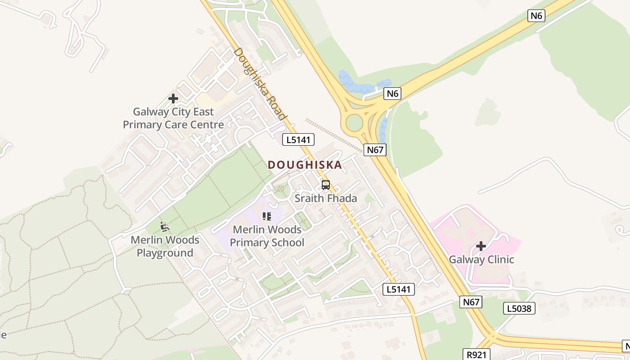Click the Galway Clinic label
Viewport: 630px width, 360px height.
(x=481, y=260)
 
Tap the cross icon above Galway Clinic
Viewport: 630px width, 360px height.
(x=481, y=246)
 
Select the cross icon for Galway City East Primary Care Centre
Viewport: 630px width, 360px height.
(x=173, y=99)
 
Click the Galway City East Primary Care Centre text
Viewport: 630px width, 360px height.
(x=173, y=118)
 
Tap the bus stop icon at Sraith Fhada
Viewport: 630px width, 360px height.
(x=326, y=185)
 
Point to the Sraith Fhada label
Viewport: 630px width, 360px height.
(x=326, y=198)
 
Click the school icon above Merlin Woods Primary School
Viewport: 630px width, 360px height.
(x=267, y=217)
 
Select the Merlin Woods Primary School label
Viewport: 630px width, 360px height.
(x=267, y=236)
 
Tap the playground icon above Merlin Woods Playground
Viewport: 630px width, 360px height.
(x=165, y=227)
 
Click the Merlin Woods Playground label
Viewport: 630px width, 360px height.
(x=165, y=246)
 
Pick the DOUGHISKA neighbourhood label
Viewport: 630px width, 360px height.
(x=305, y=165)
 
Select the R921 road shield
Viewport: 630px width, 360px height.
(x=477, y=355)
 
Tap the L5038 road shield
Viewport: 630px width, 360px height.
(x=519, y=308)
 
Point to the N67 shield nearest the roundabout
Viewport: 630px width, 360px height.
(x=374, y=150)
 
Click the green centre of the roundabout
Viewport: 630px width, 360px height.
(x=354, y=122)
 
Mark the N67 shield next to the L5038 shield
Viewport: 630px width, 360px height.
(x=471, y=302)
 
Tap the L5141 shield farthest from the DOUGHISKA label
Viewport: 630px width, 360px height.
(x=398, y=289)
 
